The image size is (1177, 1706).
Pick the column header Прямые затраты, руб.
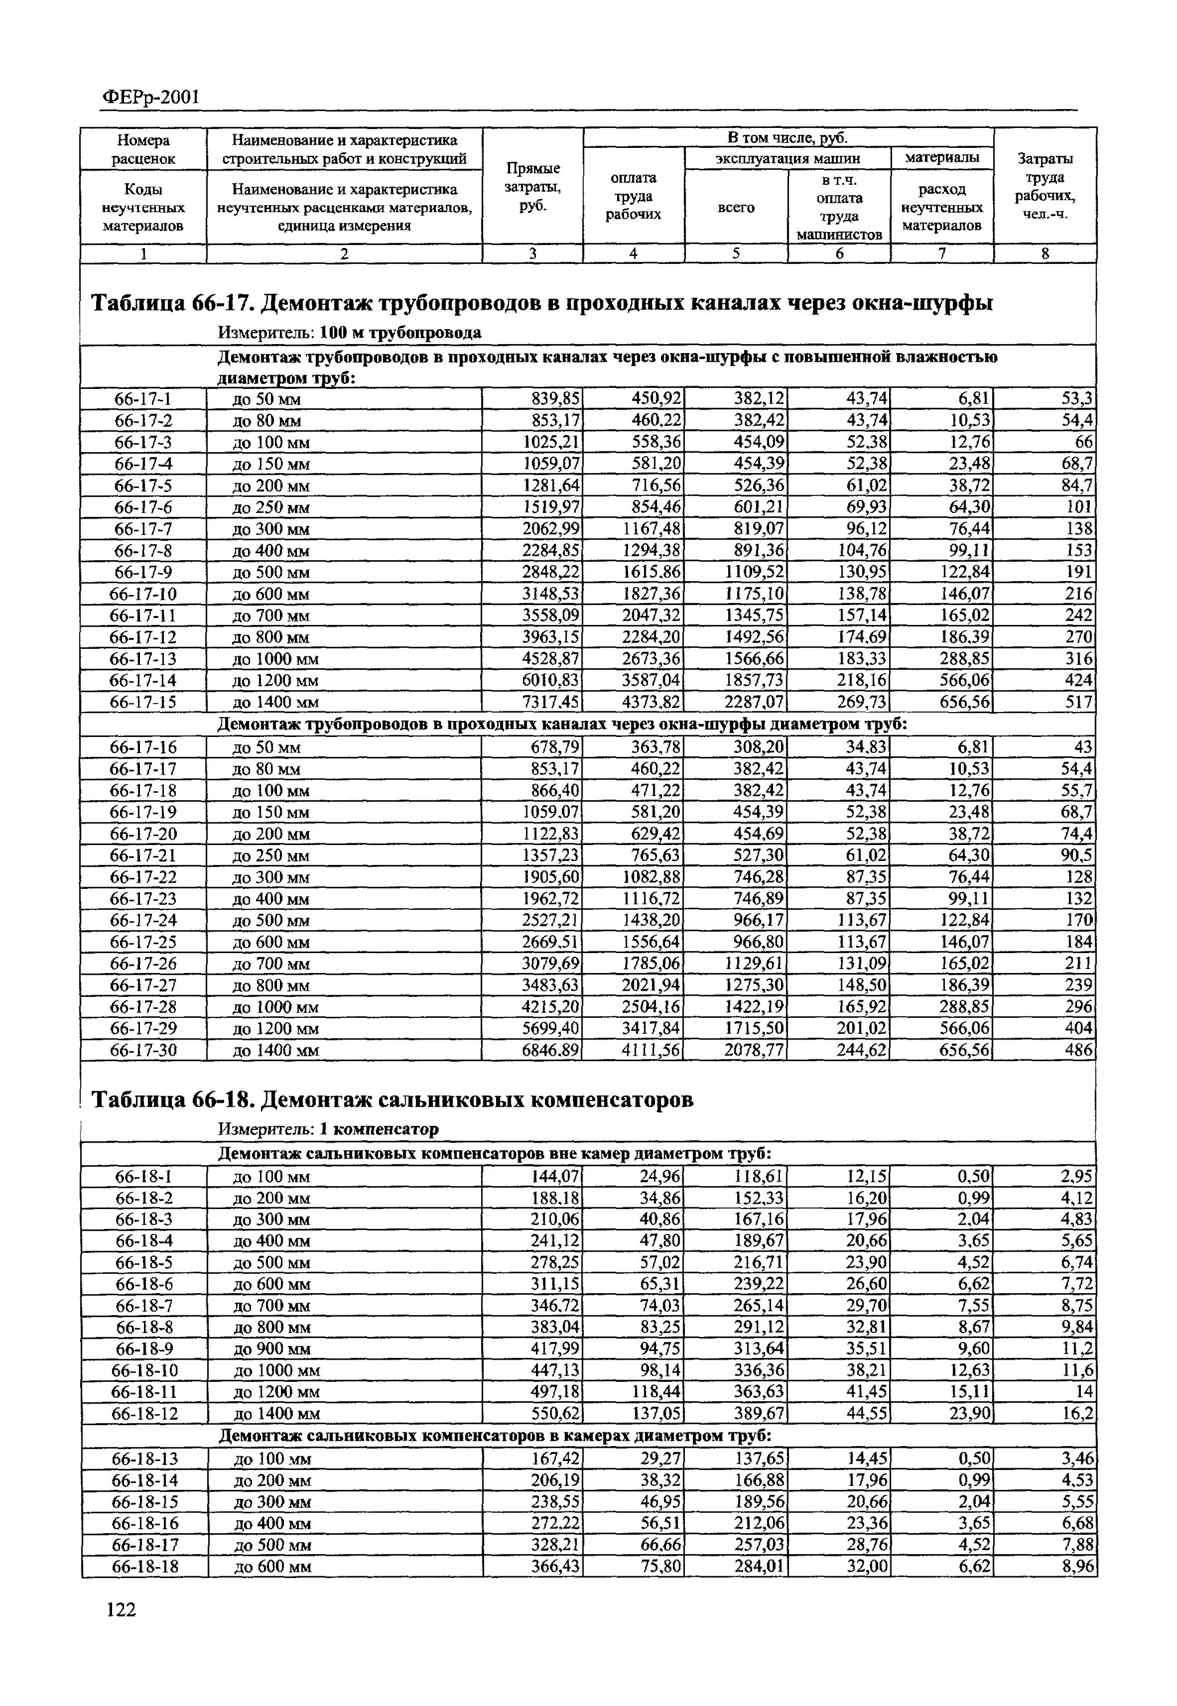532,187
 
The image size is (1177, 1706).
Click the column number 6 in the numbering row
839,254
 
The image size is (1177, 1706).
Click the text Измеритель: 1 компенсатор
328,1129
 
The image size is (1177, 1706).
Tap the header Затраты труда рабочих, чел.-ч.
1045,187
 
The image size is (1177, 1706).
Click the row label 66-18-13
144,1459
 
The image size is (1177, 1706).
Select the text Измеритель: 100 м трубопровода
349,333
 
